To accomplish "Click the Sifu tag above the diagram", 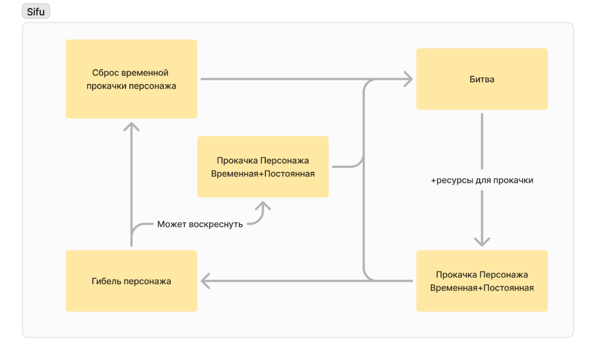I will [36, 12].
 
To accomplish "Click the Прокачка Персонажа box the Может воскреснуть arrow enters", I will [263, 167].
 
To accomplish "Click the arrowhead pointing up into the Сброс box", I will [131, 126].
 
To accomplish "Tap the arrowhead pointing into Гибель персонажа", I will [206, 281].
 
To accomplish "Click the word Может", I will [172, 224].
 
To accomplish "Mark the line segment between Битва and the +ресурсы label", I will [482, 140].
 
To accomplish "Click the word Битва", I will [482, 80].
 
